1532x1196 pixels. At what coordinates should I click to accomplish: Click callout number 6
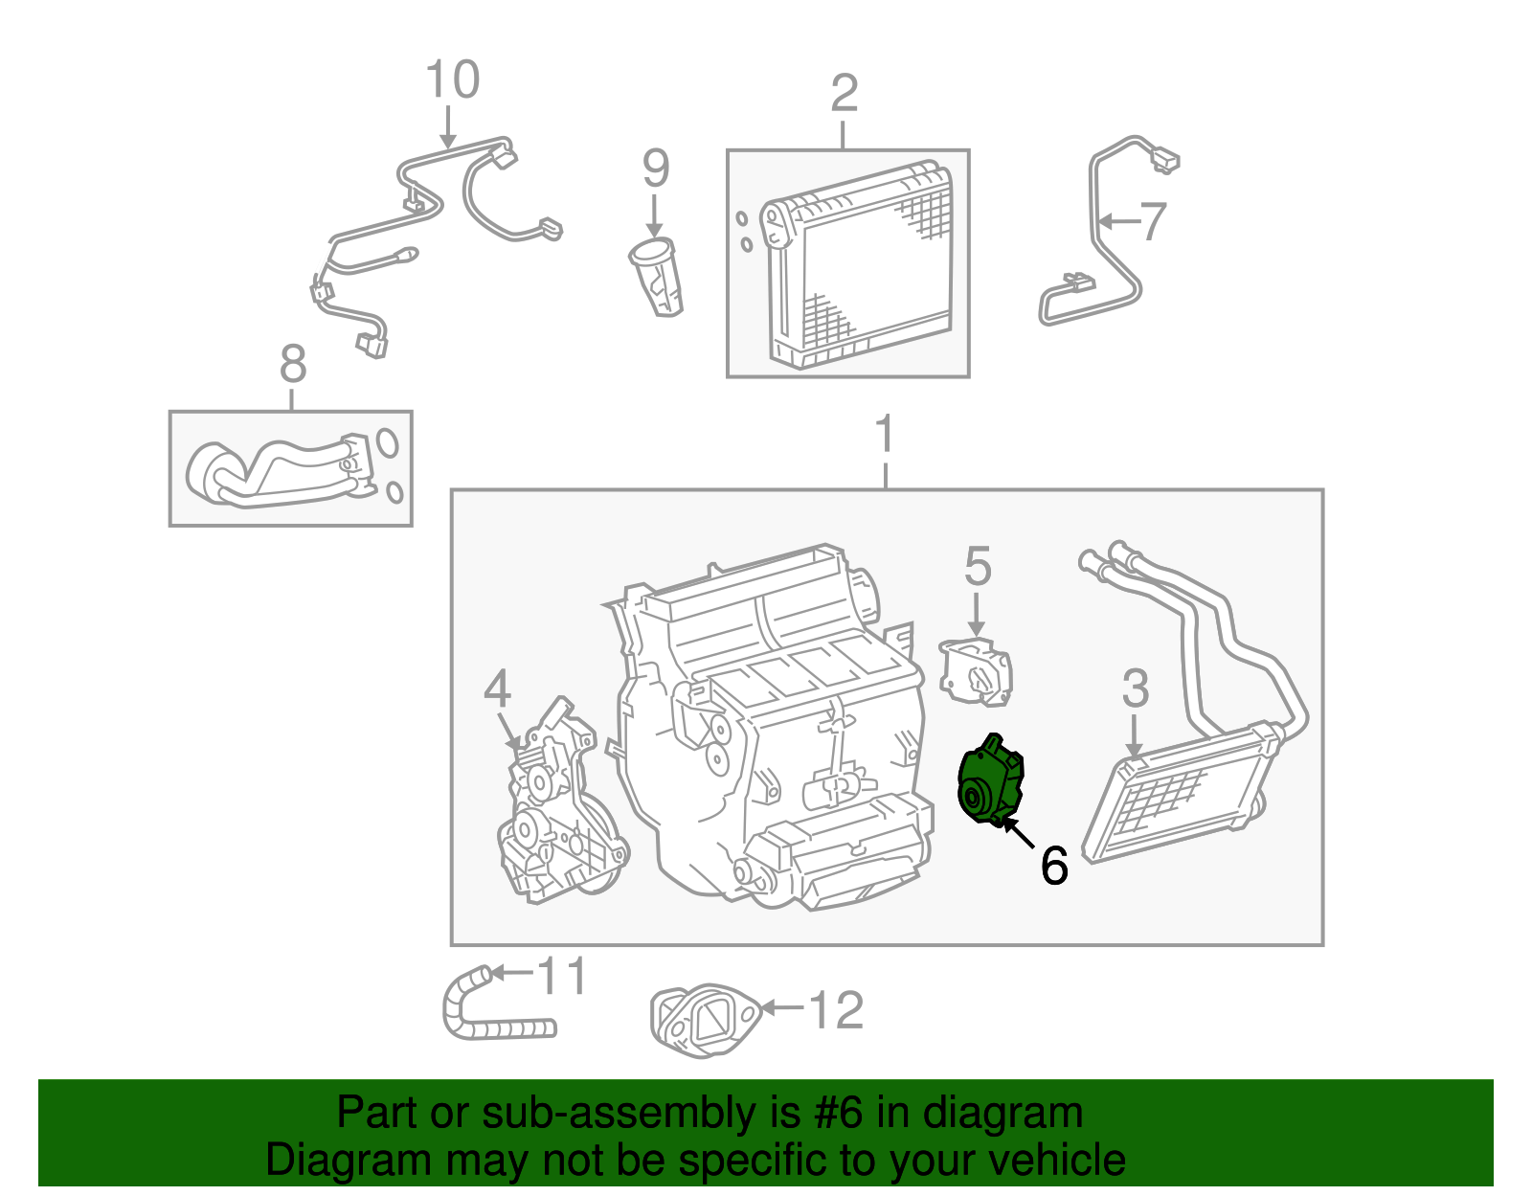coord(1053,866)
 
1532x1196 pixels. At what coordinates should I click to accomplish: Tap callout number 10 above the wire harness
coord(452,80)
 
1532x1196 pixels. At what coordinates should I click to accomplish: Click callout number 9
coord(655,169)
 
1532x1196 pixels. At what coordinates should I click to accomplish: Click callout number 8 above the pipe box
coord(292,364)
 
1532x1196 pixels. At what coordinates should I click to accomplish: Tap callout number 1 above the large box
coord(886,436)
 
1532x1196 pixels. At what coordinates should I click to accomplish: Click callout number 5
coord(977,567)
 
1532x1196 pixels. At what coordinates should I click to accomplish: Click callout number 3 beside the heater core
coord(1135,689)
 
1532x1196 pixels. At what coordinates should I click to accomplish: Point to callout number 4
coord(497,689)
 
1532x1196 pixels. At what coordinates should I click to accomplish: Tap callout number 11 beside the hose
coord(562,977)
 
